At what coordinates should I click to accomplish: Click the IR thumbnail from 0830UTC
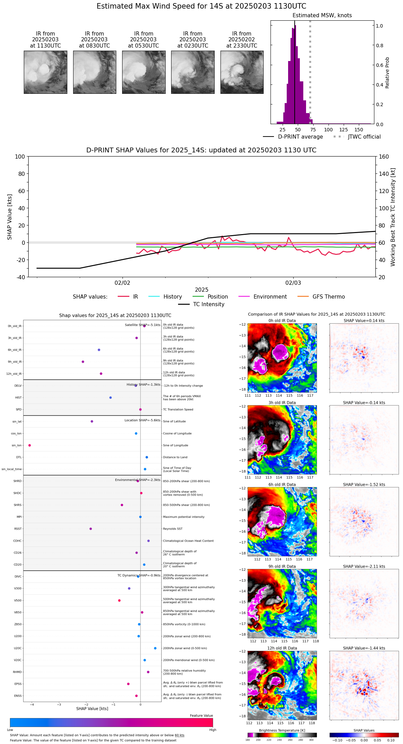(x=95, y=72)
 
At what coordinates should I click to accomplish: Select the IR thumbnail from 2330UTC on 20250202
(x=242, y=72)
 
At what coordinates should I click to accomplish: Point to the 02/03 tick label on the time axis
(x=293, y=283)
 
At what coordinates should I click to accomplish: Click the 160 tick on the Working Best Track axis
(x=384, y=157)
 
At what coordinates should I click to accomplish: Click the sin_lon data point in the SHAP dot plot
(x=30, y=445)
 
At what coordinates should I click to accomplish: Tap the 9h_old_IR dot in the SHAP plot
(x=83, y=362)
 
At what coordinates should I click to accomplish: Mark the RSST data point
(x=91, y=529)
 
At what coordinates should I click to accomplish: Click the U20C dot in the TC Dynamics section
(x=155, y=648)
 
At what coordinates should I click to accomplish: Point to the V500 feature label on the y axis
(x=18, y=601)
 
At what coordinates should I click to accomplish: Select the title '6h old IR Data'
(x=282, y=484)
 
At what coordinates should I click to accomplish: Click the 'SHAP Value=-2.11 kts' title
(x=364, y=566)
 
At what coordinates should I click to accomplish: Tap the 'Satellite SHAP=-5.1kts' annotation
(x=142, y=325)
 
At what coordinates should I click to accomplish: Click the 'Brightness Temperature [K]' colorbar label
(x=282, y=730)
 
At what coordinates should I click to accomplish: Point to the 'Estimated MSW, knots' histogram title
(x=322, y=16)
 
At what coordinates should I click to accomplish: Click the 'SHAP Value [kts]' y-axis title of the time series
(x=10, y=217)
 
